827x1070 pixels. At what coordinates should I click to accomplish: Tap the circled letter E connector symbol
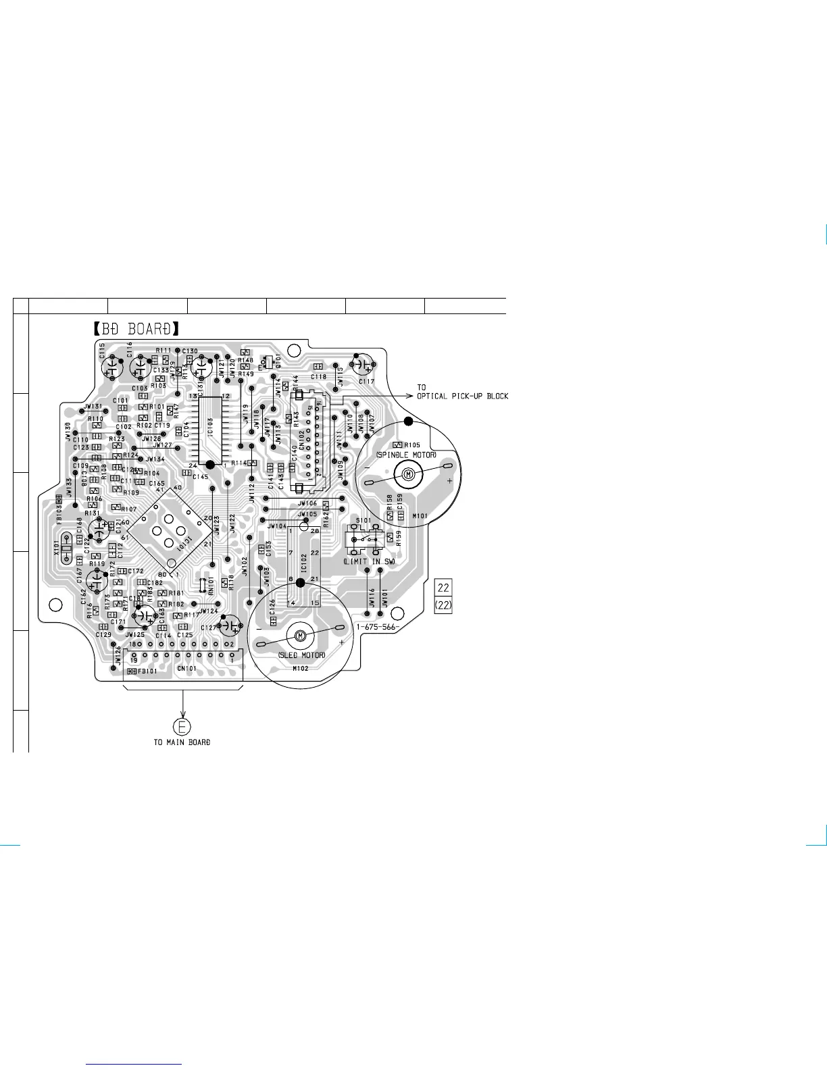tap(182, 727)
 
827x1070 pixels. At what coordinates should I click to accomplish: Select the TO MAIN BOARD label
tap(182, 742)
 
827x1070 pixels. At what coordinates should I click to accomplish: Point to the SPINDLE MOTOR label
tap(406, 455)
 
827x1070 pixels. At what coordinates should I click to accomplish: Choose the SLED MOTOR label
tap(301, 655)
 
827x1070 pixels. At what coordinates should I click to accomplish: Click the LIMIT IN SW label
tap(369, 561)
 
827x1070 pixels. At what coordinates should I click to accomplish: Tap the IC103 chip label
tap(211, 427)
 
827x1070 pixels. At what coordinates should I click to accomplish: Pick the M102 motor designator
tap(300, 669)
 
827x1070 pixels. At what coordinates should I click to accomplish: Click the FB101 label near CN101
tap(148, 671)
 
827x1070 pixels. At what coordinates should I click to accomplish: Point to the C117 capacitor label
tap(366, 382)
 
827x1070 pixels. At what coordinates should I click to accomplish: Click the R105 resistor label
tap(412, 445)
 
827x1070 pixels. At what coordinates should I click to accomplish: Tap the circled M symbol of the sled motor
tap(300, 635)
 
